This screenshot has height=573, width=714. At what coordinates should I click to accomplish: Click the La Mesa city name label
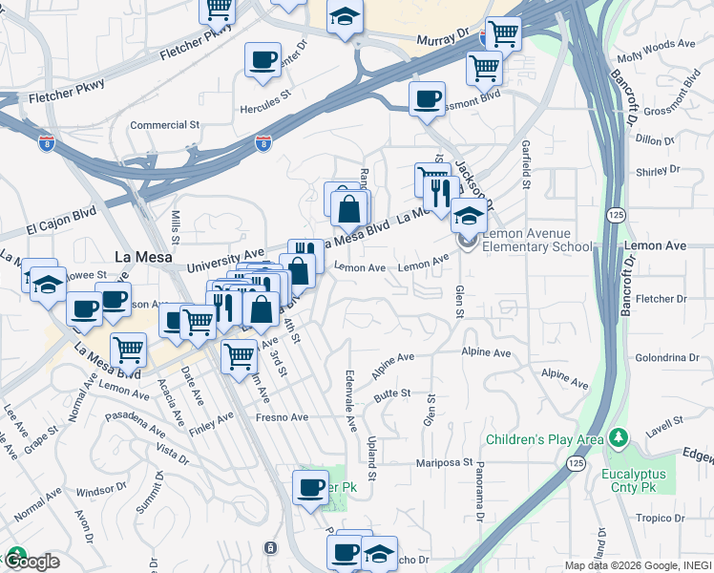tap(143, 257)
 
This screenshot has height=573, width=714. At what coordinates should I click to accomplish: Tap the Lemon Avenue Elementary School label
tap(539, 240)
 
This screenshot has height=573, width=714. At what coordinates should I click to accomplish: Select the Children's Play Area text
tap(545, 439)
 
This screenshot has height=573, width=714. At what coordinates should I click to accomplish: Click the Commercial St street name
tap(164, 125)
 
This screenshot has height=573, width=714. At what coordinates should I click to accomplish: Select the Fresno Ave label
tap(282, 417)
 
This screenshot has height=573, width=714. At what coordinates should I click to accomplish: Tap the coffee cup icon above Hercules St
tap(262, 60)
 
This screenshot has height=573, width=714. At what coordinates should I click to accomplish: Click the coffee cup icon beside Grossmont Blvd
tap(427, 98)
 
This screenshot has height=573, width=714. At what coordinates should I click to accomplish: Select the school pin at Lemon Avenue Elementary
tap(468, 217)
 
